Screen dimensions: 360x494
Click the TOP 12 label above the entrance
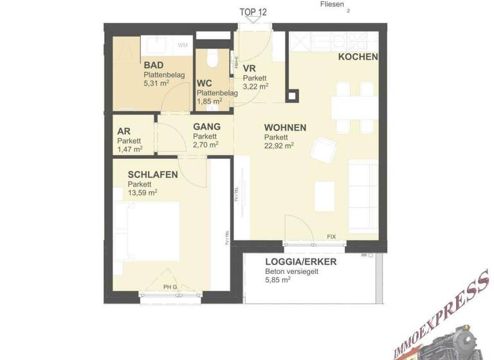coord(253,12)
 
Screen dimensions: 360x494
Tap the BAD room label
coord(153,66)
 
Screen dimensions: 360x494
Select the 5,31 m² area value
coord(156,83)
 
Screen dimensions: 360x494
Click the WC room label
coord(205,84)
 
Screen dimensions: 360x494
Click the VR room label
coord(250,69)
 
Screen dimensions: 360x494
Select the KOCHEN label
coord(358,57)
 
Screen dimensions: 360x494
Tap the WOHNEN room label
coord(284,128)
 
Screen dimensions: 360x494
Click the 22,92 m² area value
coord(279,145)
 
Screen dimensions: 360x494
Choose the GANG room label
coord(206,127)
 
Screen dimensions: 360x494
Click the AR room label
coord(123,131)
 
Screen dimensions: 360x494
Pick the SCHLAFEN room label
coord(152,175)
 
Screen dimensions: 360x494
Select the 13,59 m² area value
coord(142,192)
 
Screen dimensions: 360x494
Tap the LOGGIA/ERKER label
coord(300,262)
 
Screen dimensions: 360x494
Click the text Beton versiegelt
coord(291,272)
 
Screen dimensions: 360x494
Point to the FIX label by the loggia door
coord(331,237)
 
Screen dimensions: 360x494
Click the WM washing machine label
coord(183,45)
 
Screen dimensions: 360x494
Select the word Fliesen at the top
coord(331,4)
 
